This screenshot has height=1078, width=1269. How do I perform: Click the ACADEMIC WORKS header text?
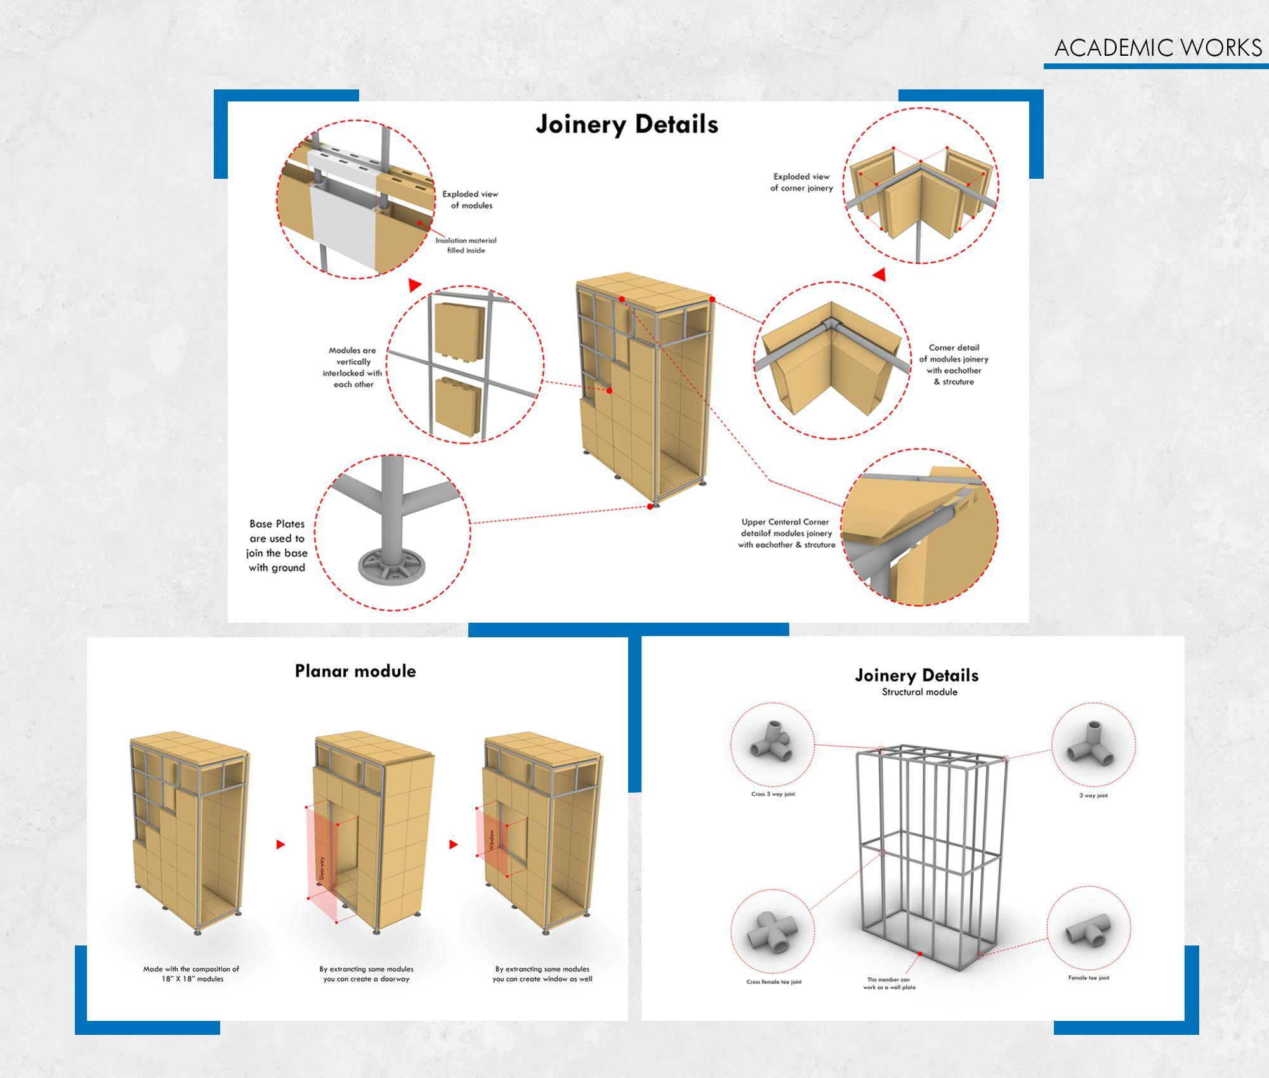coord(1158,48)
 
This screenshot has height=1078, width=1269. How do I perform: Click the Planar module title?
coord(355,671)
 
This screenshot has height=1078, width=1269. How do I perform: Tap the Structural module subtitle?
coord(919,692)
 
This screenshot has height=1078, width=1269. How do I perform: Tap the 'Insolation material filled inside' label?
coord(466,245)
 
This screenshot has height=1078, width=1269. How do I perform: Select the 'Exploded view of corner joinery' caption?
coord(801,182)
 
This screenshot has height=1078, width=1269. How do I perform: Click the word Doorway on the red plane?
coord(322,868)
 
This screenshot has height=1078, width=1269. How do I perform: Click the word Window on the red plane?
coord(492,840)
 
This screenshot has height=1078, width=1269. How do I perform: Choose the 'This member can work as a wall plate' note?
coord(889,984)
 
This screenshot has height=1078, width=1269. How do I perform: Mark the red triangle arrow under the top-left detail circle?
coord(414,285)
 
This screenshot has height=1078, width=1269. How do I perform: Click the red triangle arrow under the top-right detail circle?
coord(879,275)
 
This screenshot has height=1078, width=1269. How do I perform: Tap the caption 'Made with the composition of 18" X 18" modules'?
coord(191,973)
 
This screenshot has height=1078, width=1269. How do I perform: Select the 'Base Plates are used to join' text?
coord(277,545)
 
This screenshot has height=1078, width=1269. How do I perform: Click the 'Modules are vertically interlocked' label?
coord(353,367)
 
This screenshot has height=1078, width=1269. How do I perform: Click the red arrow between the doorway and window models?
coord(454,845)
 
